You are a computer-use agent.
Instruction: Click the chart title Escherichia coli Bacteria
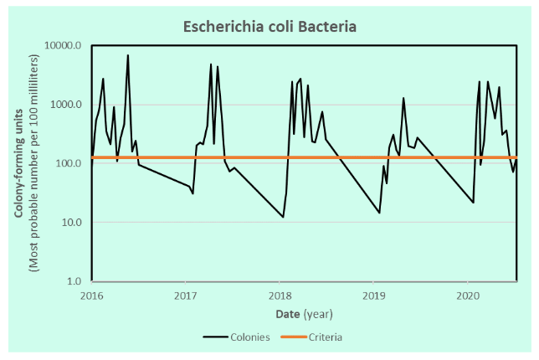click(269, 27)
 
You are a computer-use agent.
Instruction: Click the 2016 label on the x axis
click(91, 296)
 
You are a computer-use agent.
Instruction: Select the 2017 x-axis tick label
click(186, 296)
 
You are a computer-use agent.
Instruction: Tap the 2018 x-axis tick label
click(280, 296)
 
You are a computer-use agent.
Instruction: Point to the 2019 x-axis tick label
click(374, 296)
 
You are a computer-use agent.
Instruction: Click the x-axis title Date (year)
click(304, 314)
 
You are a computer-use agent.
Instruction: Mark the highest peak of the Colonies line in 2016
click(128, 55)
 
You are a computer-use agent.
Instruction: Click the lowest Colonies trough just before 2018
click(283, 217)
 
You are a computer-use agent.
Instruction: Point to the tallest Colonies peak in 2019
click(403, 98)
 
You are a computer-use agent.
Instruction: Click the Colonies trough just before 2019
click(379, 213)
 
